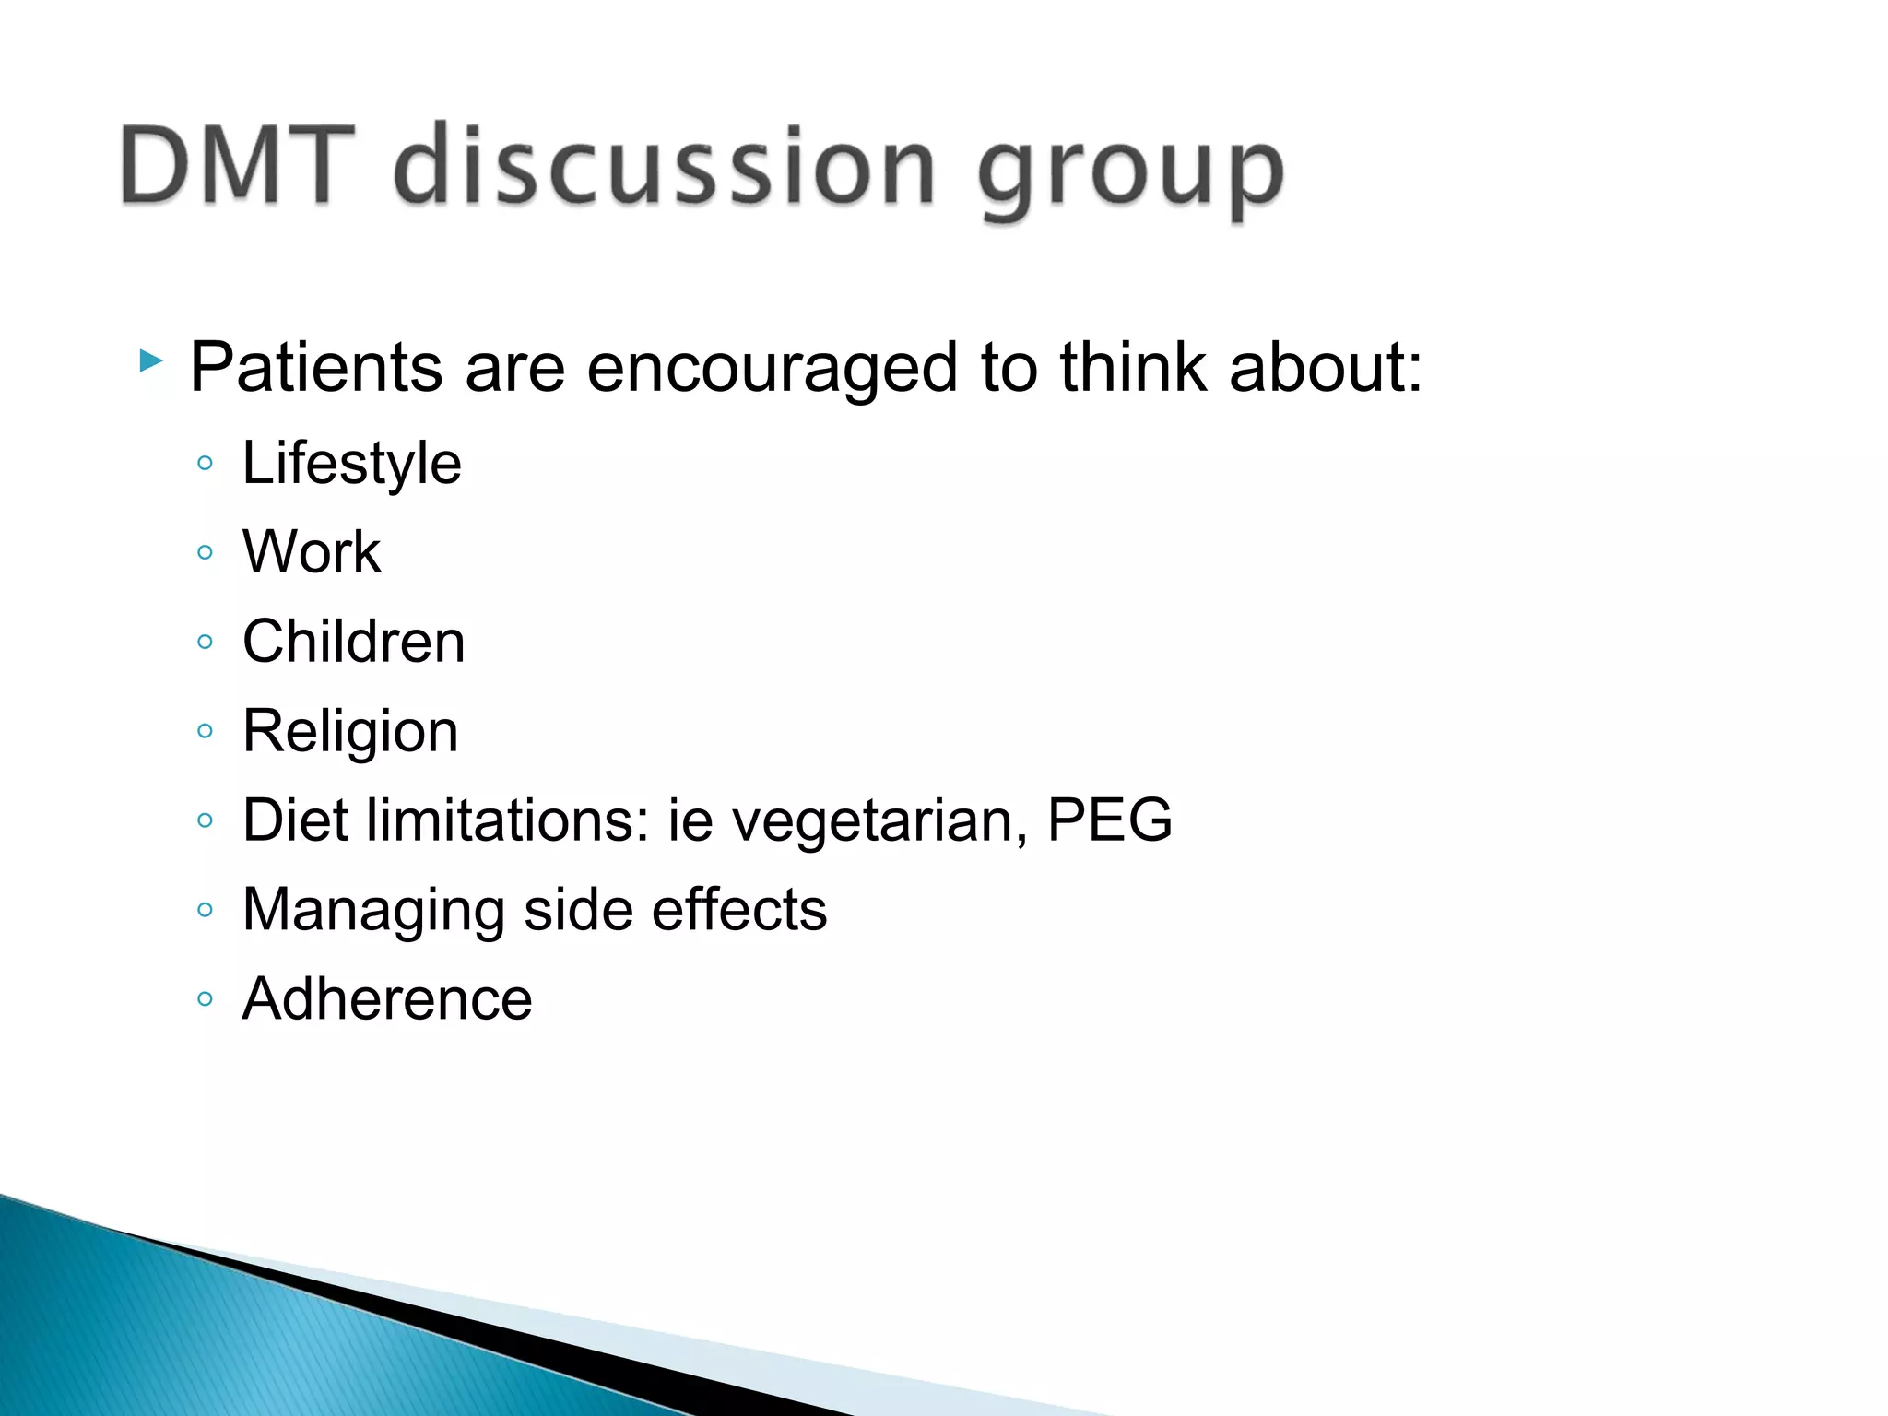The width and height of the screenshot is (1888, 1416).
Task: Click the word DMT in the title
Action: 238,166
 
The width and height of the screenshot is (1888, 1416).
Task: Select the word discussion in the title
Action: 665,166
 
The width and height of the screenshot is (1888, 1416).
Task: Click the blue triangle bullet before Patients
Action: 151,360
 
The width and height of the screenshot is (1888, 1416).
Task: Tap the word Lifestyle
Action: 351,463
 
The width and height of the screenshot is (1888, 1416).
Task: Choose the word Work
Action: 312,552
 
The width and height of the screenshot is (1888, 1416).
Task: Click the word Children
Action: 354,642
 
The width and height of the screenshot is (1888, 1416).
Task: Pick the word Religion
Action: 350,732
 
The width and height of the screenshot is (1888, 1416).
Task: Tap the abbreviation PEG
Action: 1109,820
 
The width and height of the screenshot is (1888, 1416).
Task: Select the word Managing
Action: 373,911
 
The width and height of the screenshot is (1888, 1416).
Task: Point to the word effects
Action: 739,910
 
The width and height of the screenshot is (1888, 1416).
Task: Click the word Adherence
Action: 387,998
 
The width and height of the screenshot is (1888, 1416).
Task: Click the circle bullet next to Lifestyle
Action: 206,463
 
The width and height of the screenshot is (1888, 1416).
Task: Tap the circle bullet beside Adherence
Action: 206,998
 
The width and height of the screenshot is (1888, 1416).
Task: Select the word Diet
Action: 297,820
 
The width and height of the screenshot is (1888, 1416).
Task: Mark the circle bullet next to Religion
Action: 206,731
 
